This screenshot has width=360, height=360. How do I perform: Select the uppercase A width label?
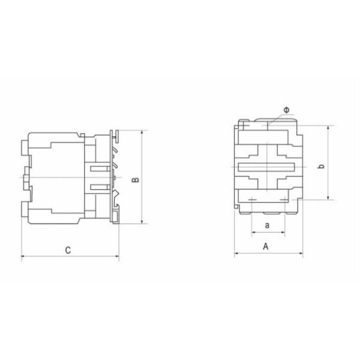(x=266, y=246)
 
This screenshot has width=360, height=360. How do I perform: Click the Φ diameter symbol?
(x=286, y=110)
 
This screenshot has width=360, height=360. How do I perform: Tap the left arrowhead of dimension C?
(x=23, y=258)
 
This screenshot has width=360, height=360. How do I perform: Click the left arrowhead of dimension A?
(x=236, y=254)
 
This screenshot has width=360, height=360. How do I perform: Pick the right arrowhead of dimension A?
(x=301, y=254)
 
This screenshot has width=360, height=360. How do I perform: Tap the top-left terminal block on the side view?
(x=24, y=145)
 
